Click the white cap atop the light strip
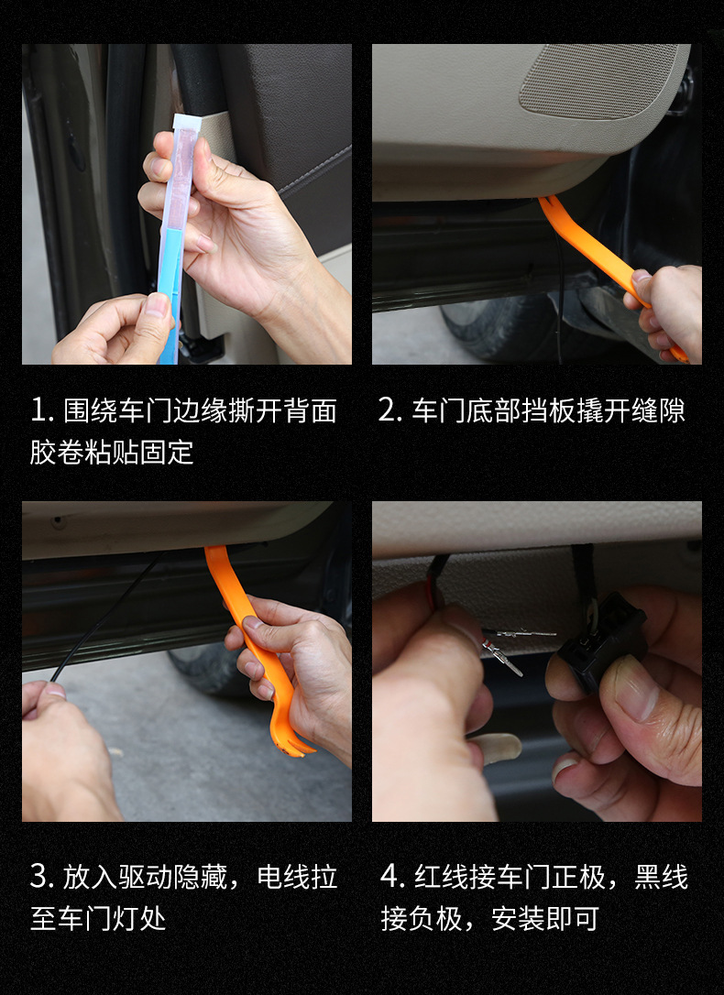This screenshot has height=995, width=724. [x=187, y=123]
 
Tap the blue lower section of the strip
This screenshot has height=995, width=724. [x=170, y=292]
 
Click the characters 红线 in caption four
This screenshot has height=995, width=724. [x=442, y=877]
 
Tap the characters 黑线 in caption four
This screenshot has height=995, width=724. [x=661, y=877]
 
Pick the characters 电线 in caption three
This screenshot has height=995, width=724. [x=283, y=877]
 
